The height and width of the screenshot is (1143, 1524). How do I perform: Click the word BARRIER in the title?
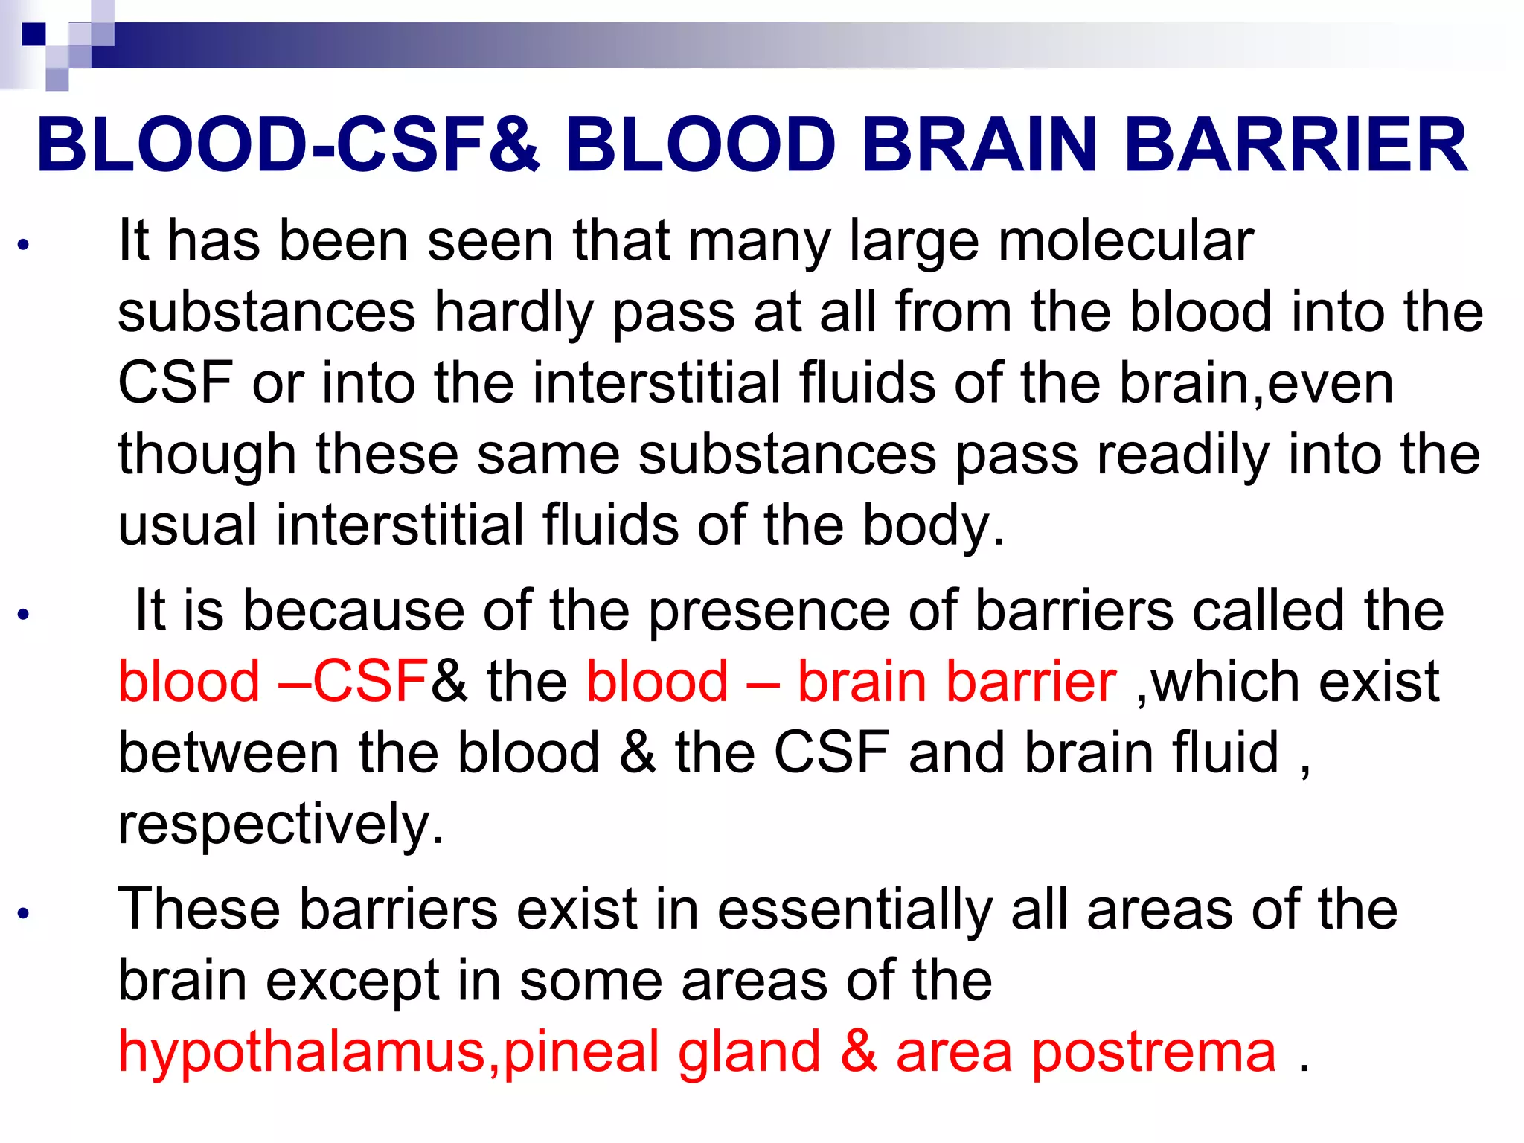[1296, 145]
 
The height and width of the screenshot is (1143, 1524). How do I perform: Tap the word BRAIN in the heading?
[979, 145]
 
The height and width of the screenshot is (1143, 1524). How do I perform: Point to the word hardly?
[513, 313]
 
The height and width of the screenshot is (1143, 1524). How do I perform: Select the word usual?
[188, 525]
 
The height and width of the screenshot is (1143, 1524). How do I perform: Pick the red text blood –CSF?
[273, 682]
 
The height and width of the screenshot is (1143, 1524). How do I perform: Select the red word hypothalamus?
[302, 1052]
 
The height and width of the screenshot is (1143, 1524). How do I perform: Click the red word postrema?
[1154, 1052]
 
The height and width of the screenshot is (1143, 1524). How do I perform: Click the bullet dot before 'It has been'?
[24, 245]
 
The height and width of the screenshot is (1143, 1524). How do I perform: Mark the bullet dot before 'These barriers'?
[24, 913]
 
